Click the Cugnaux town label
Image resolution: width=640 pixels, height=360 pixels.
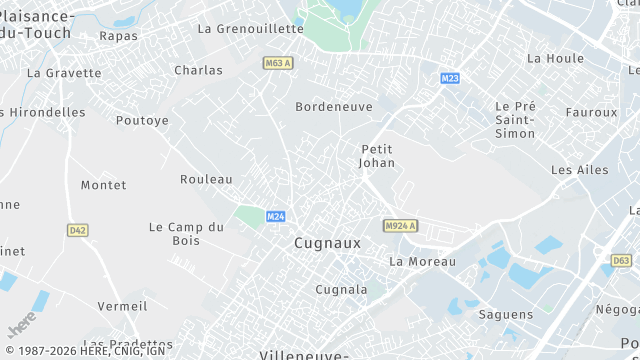coord(327,243)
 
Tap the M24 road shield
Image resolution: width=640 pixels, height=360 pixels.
coord(276,216)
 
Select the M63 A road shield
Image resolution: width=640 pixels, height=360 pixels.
coord(279,63)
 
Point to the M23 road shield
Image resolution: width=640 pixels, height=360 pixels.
coord(450,78)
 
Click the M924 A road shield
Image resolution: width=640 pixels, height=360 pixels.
coord(400,226)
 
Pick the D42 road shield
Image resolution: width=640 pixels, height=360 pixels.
coord(78,230)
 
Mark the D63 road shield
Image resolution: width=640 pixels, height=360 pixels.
coord(621,260)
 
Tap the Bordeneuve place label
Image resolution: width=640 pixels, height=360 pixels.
coord(334,106)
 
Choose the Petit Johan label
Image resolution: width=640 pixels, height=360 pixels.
coord(378,156)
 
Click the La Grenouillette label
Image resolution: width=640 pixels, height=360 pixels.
coord(250,29)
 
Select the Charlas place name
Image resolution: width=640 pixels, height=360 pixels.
coord(198,70)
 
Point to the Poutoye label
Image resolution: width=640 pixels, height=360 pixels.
coord(142,120)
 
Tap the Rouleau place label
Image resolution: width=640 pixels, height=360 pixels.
coord(206,179)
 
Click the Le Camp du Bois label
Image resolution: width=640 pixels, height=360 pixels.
coord(186,233)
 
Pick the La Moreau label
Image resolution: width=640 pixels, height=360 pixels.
coord(421,262)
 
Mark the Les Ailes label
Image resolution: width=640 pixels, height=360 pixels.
coord(579,170)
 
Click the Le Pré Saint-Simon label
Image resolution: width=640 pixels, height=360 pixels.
coord(516,119)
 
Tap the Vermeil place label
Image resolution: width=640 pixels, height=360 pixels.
coord(122,306)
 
